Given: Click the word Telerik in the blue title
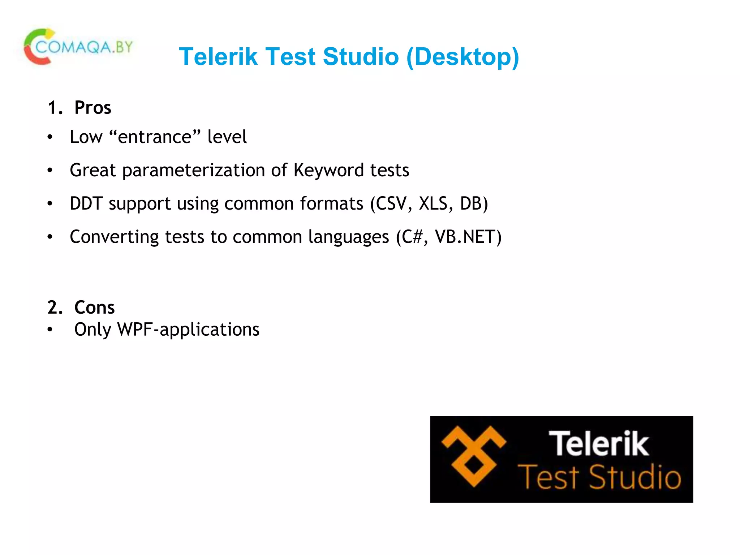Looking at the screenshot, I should click(218, 57).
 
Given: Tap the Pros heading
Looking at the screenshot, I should click(92, 108).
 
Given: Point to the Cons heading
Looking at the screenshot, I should click(94, 307).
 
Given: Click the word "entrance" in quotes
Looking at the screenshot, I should click(155, 137).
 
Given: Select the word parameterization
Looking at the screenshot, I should click(194, 170).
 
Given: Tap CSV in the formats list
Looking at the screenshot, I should click(391, 203).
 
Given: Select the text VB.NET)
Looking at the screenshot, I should click(468, 237).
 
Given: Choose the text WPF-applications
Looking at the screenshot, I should click(188, 330).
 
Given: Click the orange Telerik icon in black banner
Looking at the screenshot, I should click(474, 456).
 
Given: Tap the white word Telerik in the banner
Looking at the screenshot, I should click(599, 443).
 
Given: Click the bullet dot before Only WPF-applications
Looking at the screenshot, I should click(50, 330).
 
